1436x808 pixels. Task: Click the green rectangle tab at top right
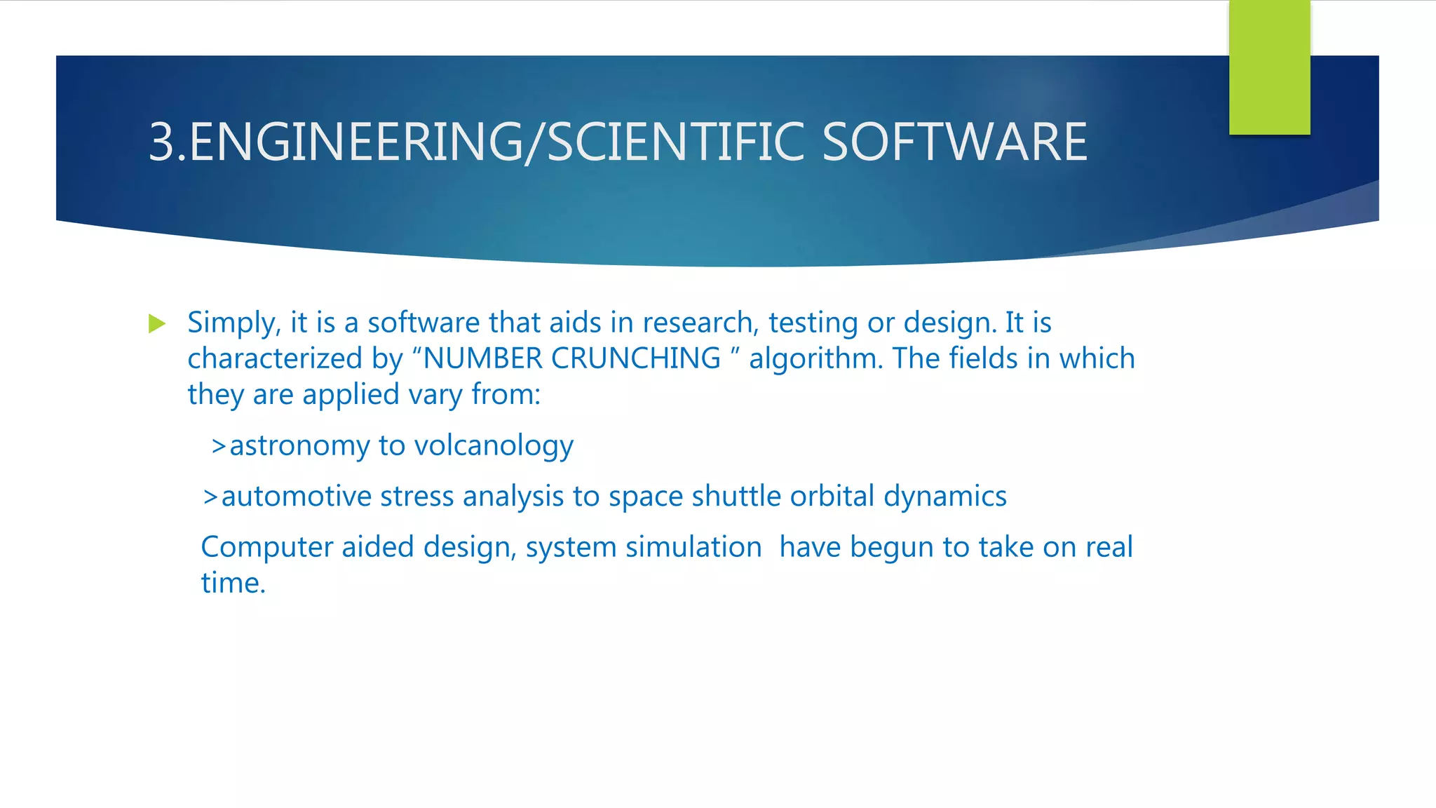(1269, 67)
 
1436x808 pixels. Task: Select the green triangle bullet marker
(157, 324)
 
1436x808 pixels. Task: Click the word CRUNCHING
(635, 358)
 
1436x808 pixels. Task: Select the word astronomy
(299, 446)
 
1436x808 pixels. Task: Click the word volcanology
(494, 446)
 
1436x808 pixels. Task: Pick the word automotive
(297, 497)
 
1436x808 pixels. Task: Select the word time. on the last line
(233, 583)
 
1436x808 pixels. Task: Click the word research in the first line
(700, 323)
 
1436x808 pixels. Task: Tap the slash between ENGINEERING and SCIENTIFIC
(535, 142)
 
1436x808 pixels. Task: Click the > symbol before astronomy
(219, 446)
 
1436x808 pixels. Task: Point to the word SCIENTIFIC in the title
(676, 142)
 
